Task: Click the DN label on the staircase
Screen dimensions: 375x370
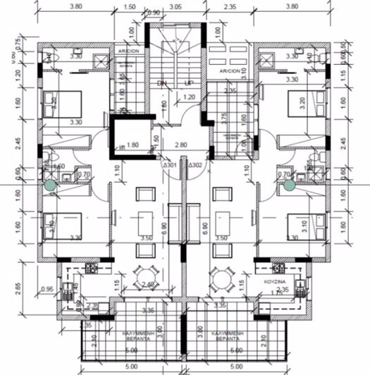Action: click(x=163, y=83)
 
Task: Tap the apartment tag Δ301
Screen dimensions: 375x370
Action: click(x=170, y=165)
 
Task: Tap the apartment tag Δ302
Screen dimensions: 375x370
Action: click(x=195, y=165)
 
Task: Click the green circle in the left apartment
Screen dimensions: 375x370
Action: click(x=51, y=185)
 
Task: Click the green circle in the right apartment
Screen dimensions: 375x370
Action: click(x=289, y=185)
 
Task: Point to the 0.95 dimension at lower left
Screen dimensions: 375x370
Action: click(x=47, y=289)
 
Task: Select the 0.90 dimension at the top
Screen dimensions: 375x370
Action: click(x=153, y=13)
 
